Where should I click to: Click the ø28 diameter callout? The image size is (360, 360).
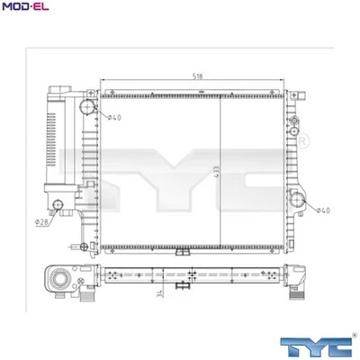click(41, 221)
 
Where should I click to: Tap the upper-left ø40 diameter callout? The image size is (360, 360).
click(114, 118)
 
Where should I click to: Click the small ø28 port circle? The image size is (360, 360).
click(58, 206)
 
